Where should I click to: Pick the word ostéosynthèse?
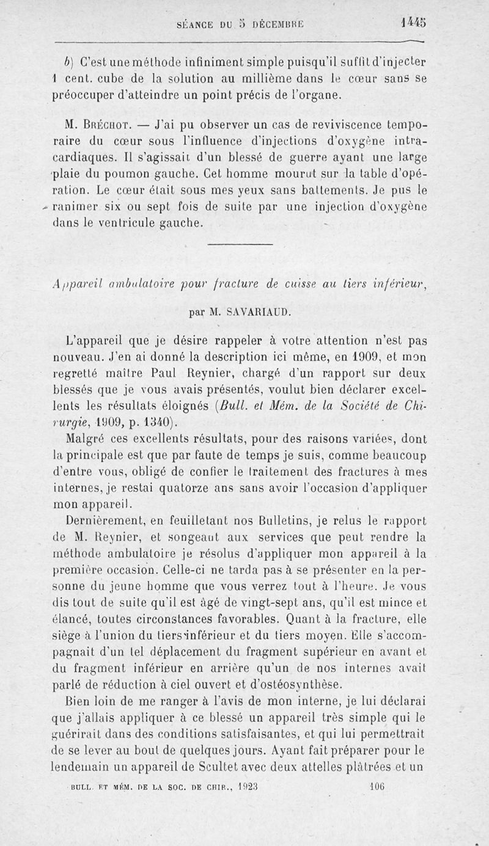point(310,685)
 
